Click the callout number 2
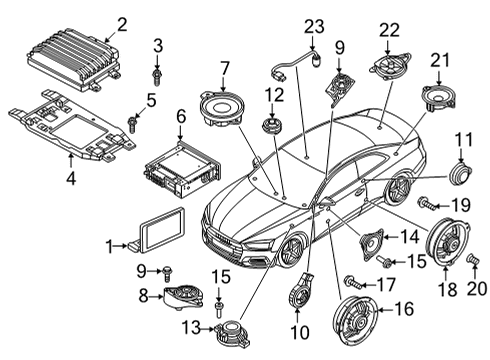point(122,25)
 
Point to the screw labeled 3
point(157,76)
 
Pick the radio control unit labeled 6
point(182,169)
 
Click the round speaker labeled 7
point(222,108)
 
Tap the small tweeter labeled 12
point(272,126)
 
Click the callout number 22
point(389,31)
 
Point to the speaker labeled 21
point(438,96)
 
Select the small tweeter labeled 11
point(461,173)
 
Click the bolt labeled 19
point(427,203)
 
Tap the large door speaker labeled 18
point(449,242)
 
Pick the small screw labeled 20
point(473,259)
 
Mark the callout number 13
point(191,328)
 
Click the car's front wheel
point(290,251)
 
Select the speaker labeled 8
point(183,296)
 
